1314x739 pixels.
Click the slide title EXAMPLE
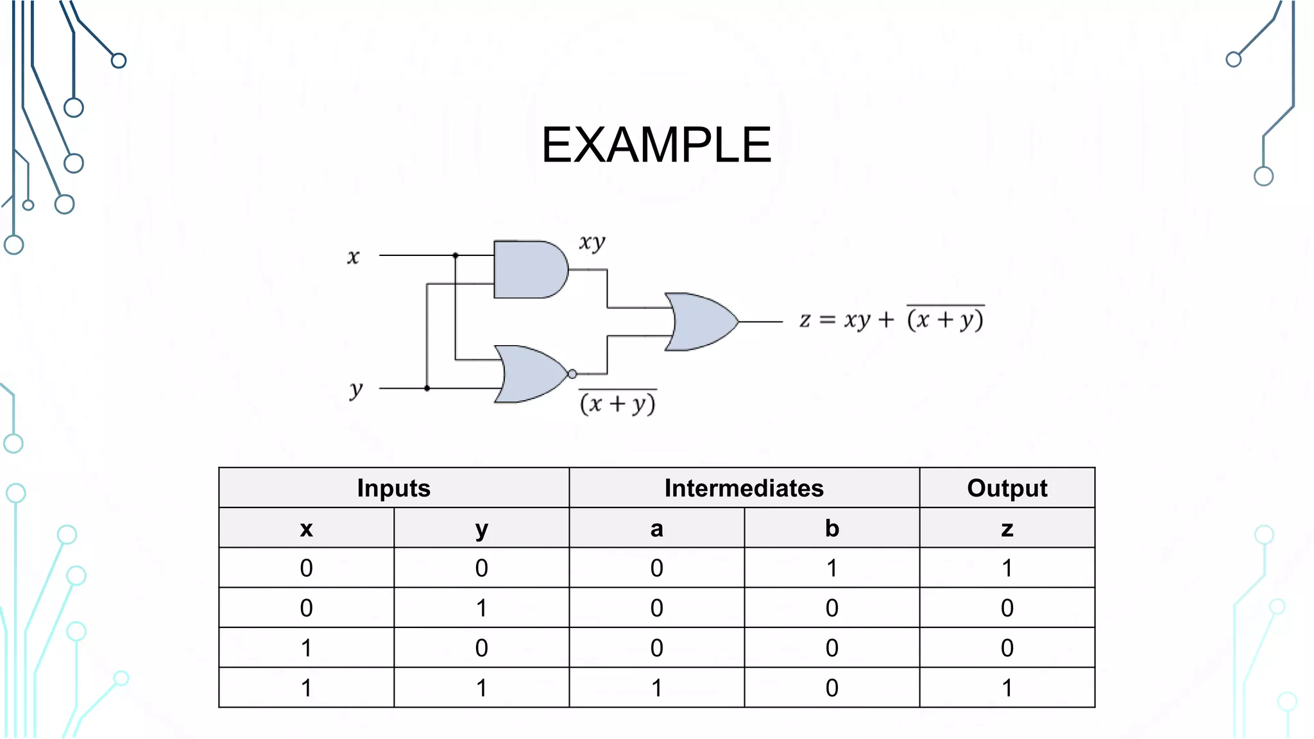(x=656, y=145)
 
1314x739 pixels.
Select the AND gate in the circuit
(x=527, y=269)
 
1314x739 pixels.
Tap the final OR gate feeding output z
(x=701, y=321)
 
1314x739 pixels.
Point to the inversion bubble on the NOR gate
(x=572, y=374)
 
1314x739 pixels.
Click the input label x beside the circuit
(x=353, y=257)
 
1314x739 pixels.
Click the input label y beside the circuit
(x=356, y=389)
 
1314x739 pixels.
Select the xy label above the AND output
(x=592, y=242)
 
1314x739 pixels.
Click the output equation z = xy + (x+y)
(x=892, y=318)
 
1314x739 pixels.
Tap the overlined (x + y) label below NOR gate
(x=617, y=403)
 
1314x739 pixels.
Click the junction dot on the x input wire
(x=456, y=255)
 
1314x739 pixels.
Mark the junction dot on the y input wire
(x=427, y=388)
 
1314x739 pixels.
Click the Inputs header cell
(x=393, y=488)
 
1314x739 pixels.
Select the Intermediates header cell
(x=744, y=488)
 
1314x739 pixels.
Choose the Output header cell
(x=1007, y=488)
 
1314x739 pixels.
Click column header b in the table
(x=832, y=529)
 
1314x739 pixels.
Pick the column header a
(x=656, y=529)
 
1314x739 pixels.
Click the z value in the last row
(x=1007, y=688)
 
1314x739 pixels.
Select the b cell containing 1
(x=832, y=568)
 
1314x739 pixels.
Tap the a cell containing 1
(x=656, y=688)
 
